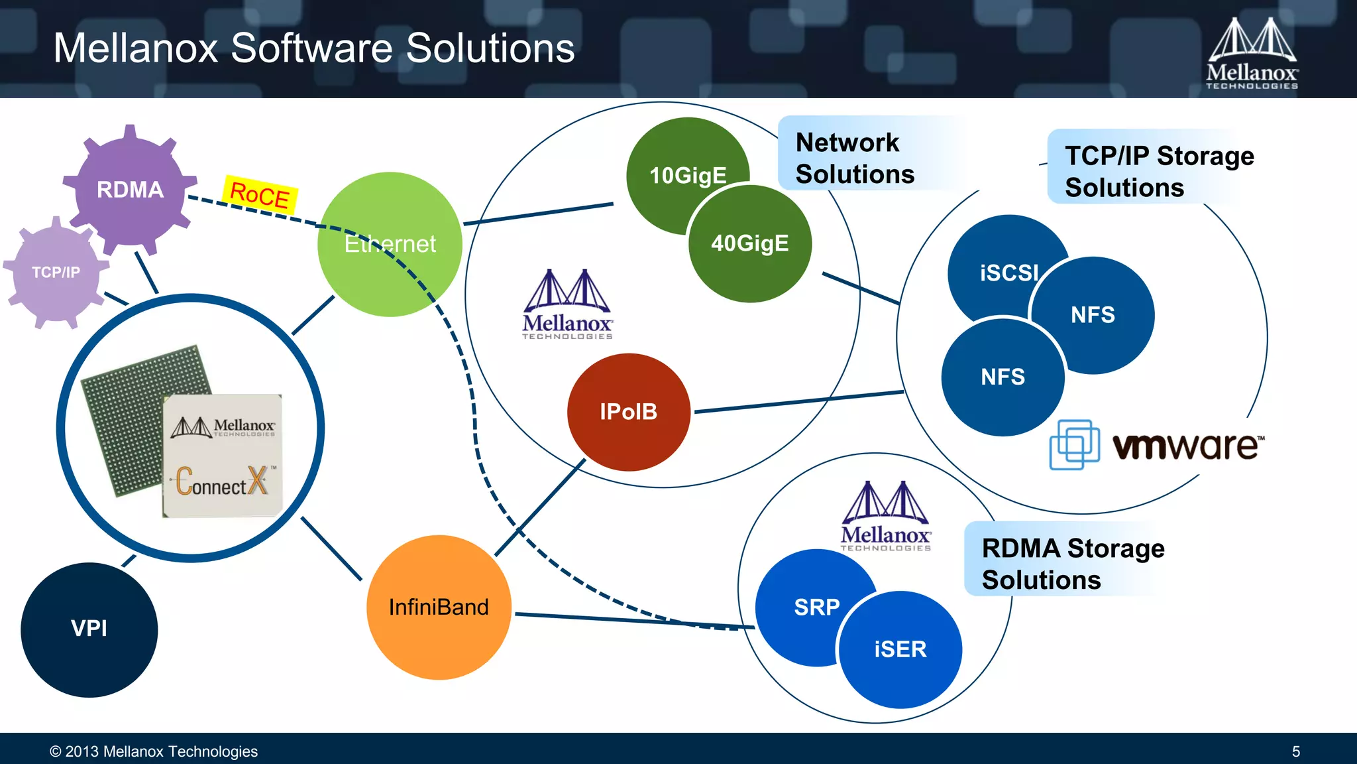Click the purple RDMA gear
[x=130, y=190]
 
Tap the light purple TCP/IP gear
[x=56, y=273]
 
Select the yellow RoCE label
[x=260, y=195]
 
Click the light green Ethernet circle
[x=390, y=244]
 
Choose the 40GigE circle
[x=750, y=243]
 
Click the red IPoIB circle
[x=628, y=412]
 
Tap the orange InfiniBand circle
[x=439, y=607]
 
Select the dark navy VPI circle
[x=89, y=629]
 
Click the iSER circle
[x=900, y=649]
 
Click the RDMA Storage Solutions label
[x=1072, y=563]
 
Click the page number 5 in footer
[x=1295, y=751]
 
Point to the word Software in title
[x=311, y=48]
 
